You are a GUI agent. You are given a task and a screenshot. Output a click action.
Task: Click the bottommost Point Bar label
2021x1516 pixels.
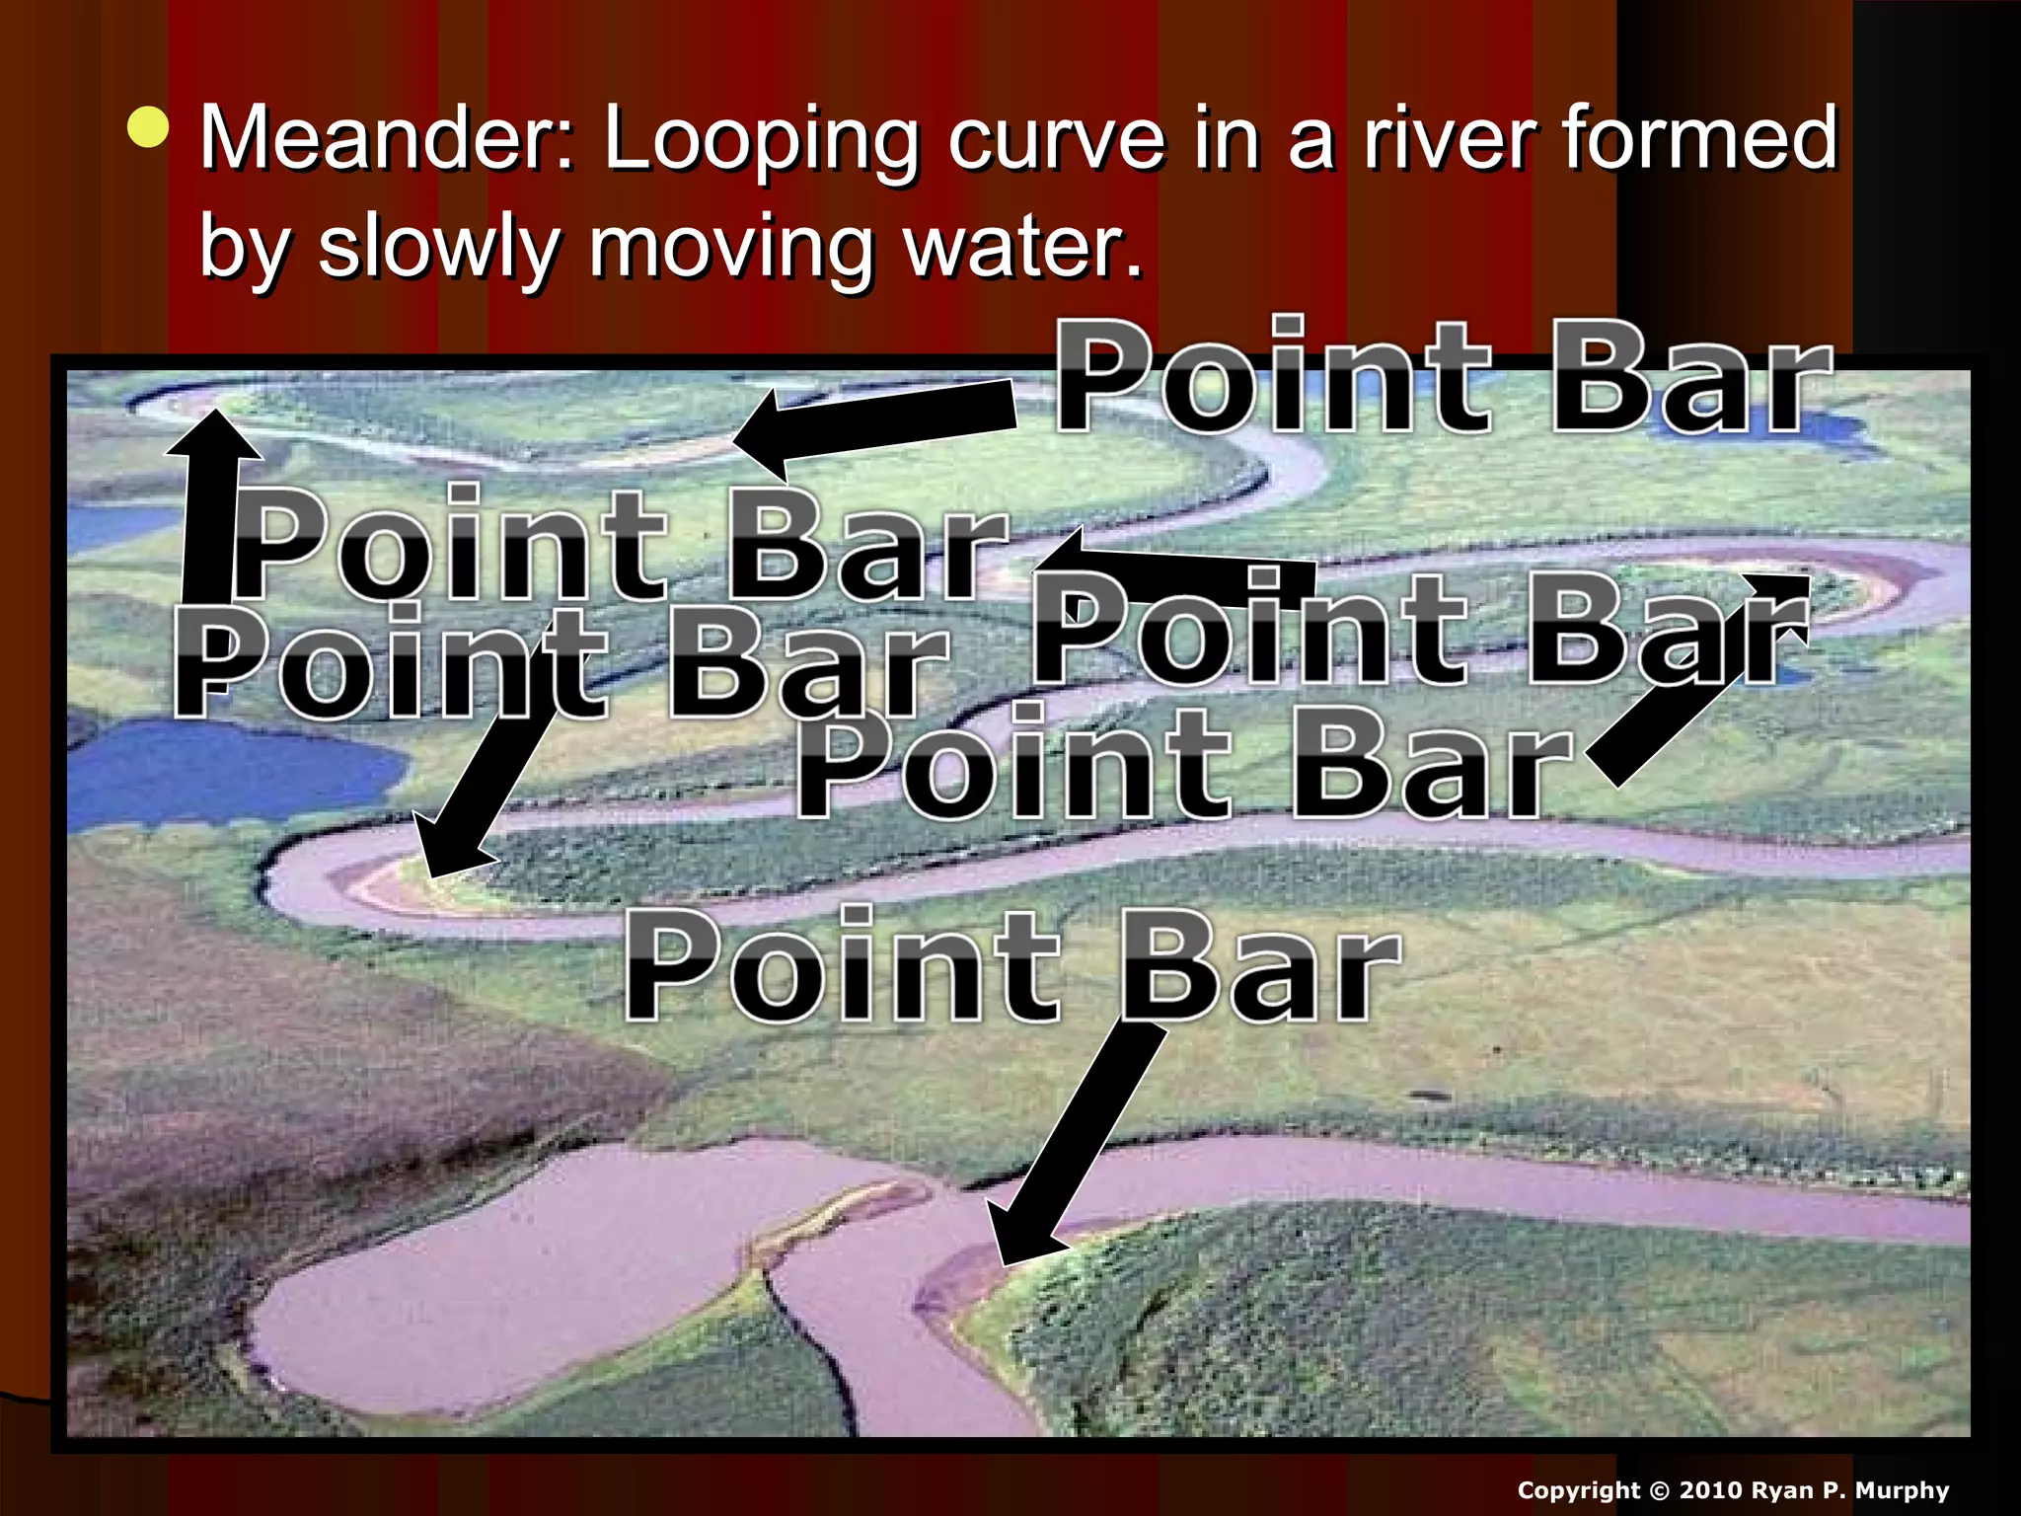point(1011,964)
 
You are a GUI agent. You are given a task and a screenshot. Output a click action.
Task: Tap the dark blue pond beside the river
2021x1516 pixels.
point(232,770)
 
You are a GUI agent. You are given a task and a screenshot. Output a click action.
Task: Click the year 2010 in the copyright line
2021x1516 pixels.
point(1715,1490)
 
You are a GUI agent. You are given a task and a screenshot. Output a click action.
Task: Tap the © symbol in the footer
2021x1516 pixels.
point(1659,1490)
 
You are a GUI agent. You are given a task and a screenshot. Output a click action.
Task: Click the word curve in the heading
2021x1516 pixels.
point(1057,138)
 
